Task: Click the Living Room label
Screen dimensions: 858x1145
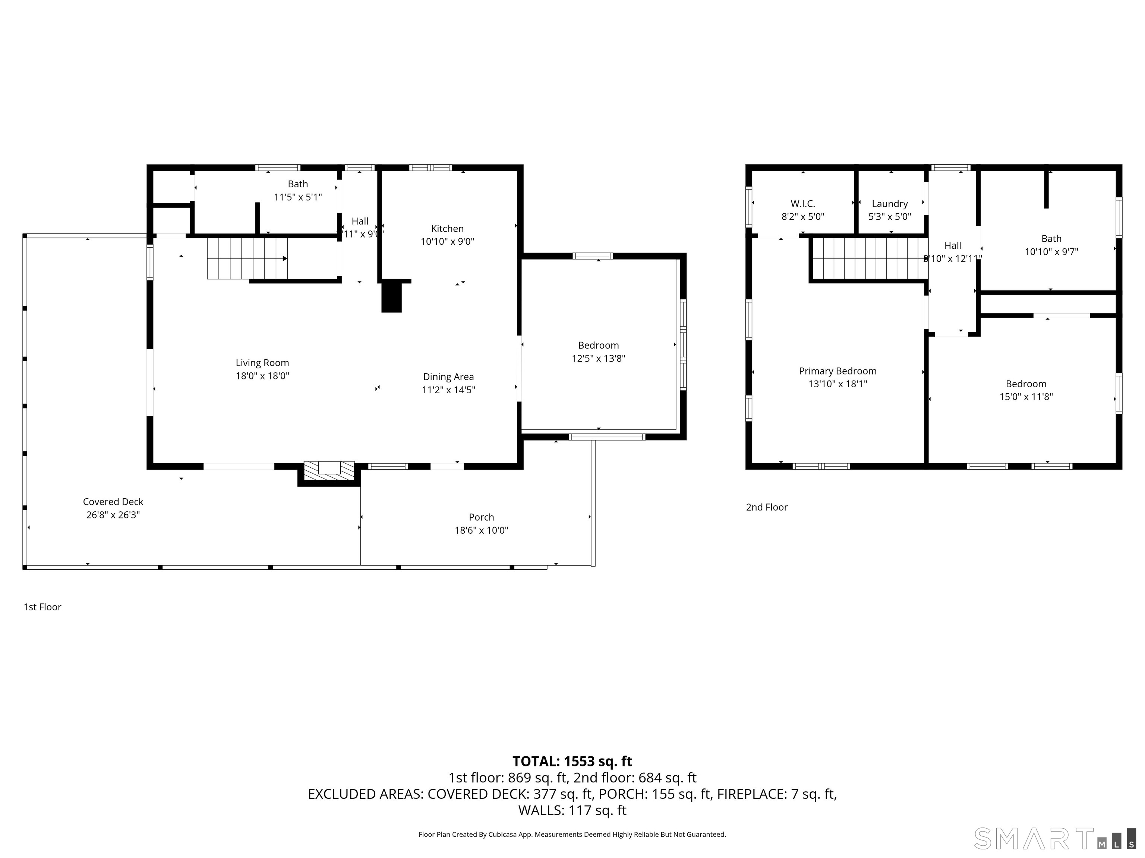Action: pyautogui.click(x=262, y=363)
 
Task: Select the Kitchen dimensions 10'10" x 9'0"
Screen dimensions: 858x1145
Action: pyautogui.click(x=447, y=242)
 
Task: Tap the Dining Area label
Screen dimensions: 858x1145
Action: pyautogui.click(x=448, y=377)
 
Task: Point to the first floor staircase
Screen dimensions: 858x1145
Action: pyautogui.click(x=247, y=258)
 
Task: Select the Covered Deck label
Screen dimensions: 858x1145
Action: pyautogui.click(x=113, y=502)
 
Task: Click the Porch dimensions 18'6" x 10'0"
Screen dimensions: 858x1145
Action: pyautogui.click(x=482, y=530)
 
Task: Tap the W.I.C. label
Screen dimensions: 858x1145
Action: pyautogui.click(x=802, y=204)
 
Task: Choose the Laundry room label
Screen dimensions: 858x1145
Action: pyautogui.click(x=889, y=204)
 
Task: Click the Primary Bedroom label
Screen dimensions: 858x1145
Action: pyautogui.click(x=838, y=371)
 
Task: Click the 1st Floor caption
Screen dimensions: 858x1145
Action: pyautogui.click(x=42, y=607)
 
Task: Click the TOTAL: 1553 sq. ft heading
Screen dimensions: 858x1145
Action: pyautogui.click(x=572, y=761)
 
